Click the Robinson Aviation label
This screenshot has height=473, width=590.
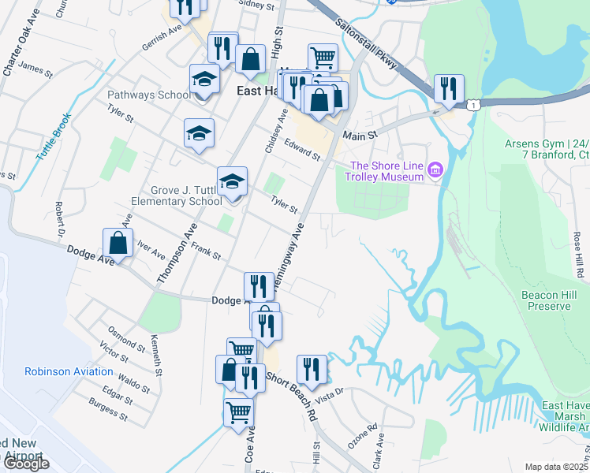coord(69,371)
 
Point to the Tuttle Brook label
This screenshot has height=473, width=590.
coord(54,136)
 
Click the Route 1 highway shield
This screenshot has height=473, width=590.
coord(472,104)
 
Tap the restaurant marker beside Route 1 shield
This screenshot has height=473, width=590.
coord(449,90)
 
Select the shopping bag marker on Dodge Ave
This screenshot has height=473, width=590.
coord(118,243)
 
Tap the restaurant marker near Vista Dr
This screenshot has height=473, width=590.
coord(312,370)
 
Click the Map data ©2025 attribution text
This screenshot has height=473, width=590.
coord(557,467)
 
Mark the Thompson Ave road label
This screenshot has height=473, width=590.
coord(177,251)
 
